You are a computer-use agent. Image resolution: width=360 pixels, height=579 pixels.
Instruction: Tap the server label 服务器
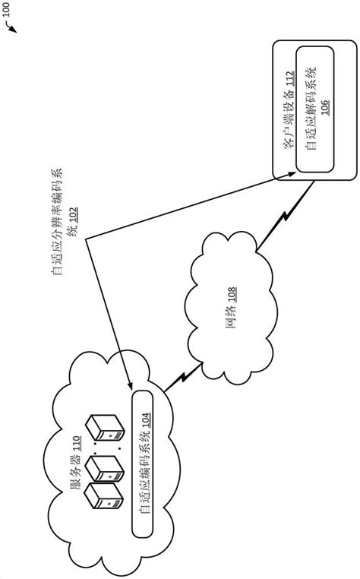click(x=75, y=480)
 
